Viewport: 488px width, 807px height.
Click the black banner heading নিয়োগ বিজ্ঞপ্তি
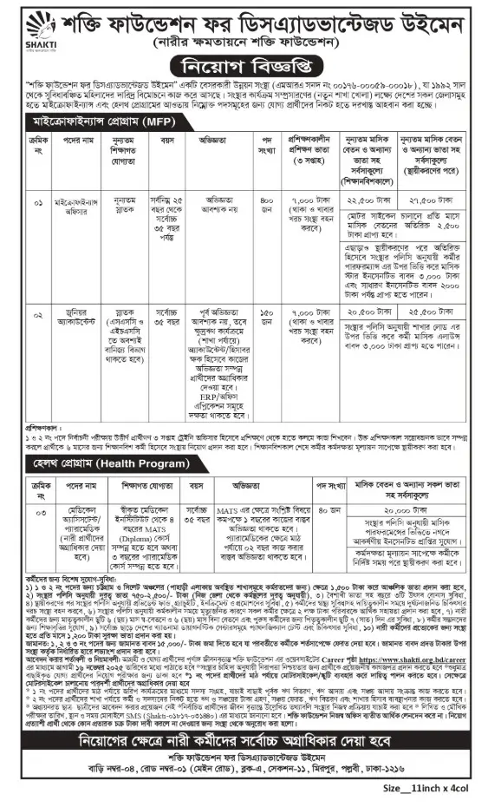[244, 65]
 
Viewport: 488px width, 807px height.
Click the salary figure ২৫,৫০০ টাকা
[434, 310]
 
